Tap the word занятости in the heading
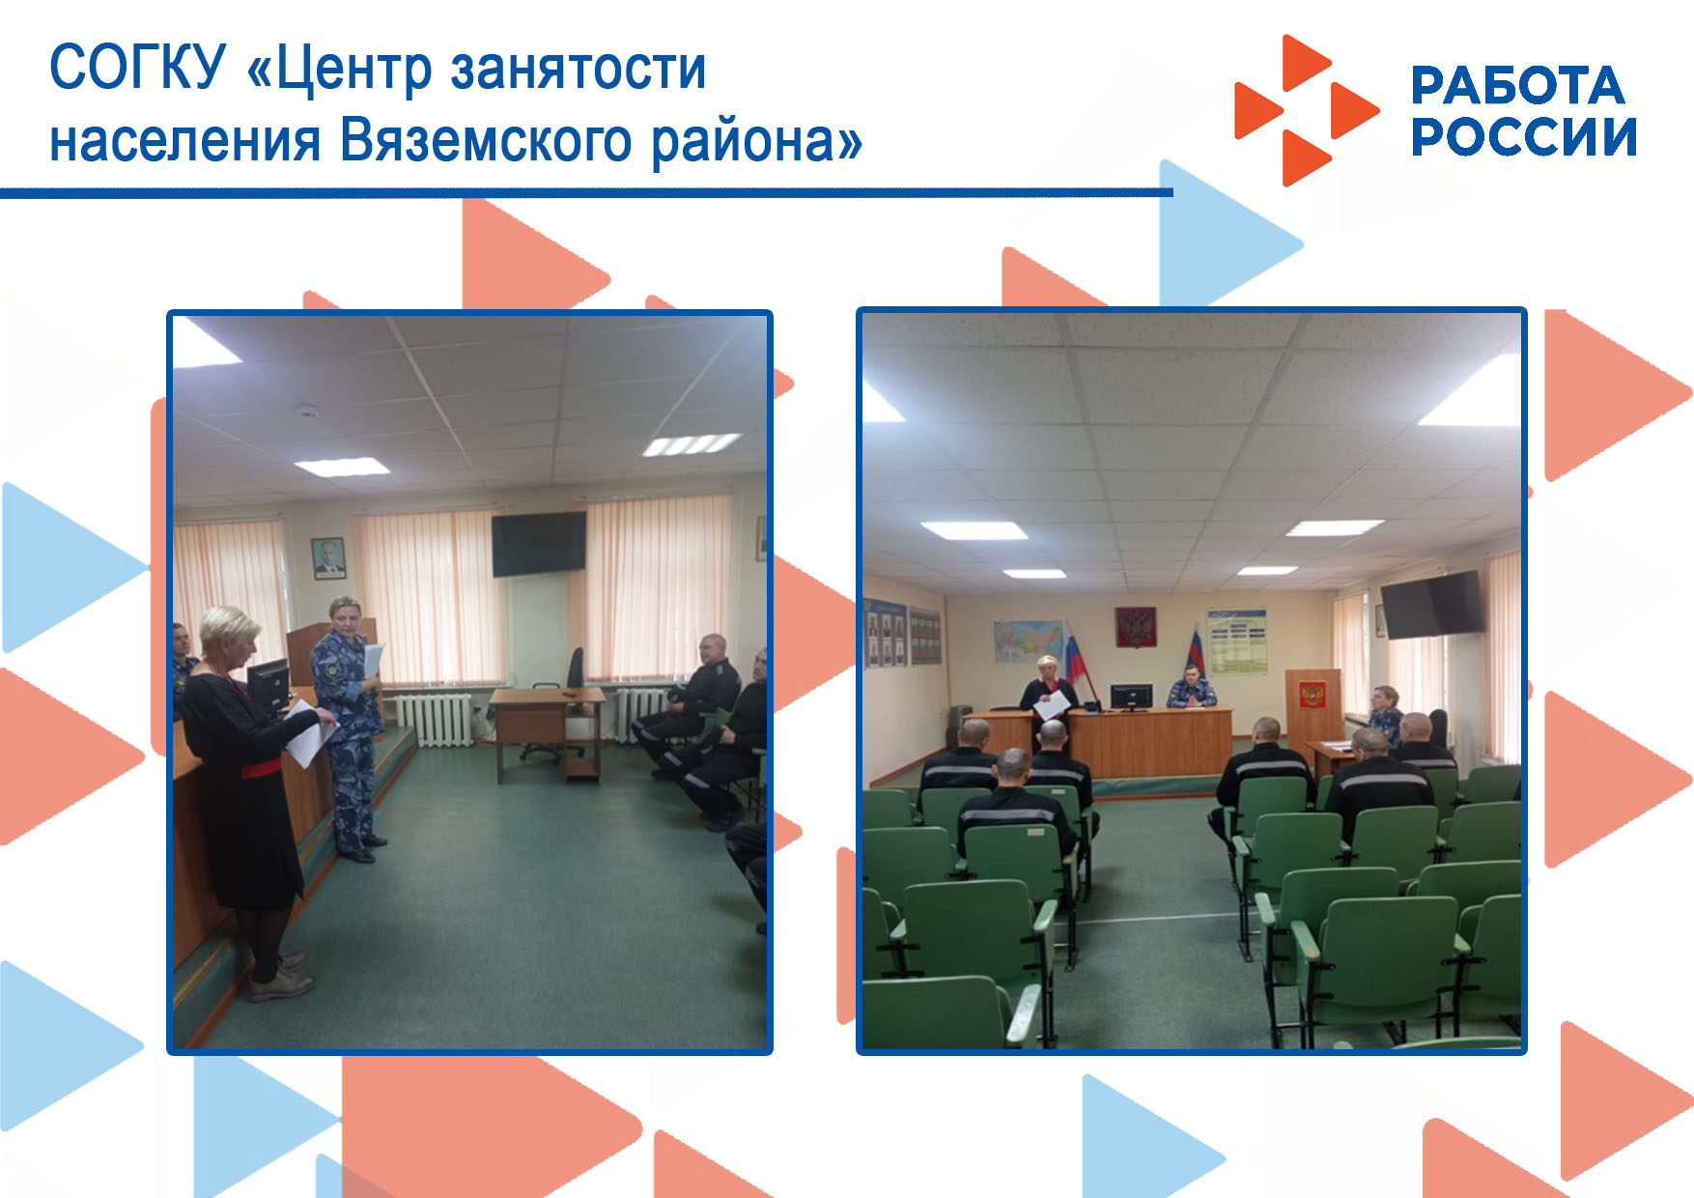point(579,70)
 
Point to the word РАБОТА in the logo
point(1517,86)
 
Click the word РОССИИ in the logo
point(1524,136)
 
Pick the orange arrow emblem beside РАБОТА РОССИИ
point(1306,110)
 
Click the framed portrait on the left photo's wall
point(329,557)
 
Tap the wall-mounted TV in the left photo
point(539,543)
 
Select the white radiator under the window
point(435,720)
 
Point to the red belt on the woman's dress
point(261,769)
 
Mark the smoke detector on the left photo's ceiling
point(307,412)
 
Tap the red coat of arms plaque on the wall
point(1136,628)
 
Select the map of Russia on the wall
point(1029,642)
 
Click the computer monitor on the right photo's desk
point(1130,697)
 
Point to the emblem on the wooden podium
point(1312,694)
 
